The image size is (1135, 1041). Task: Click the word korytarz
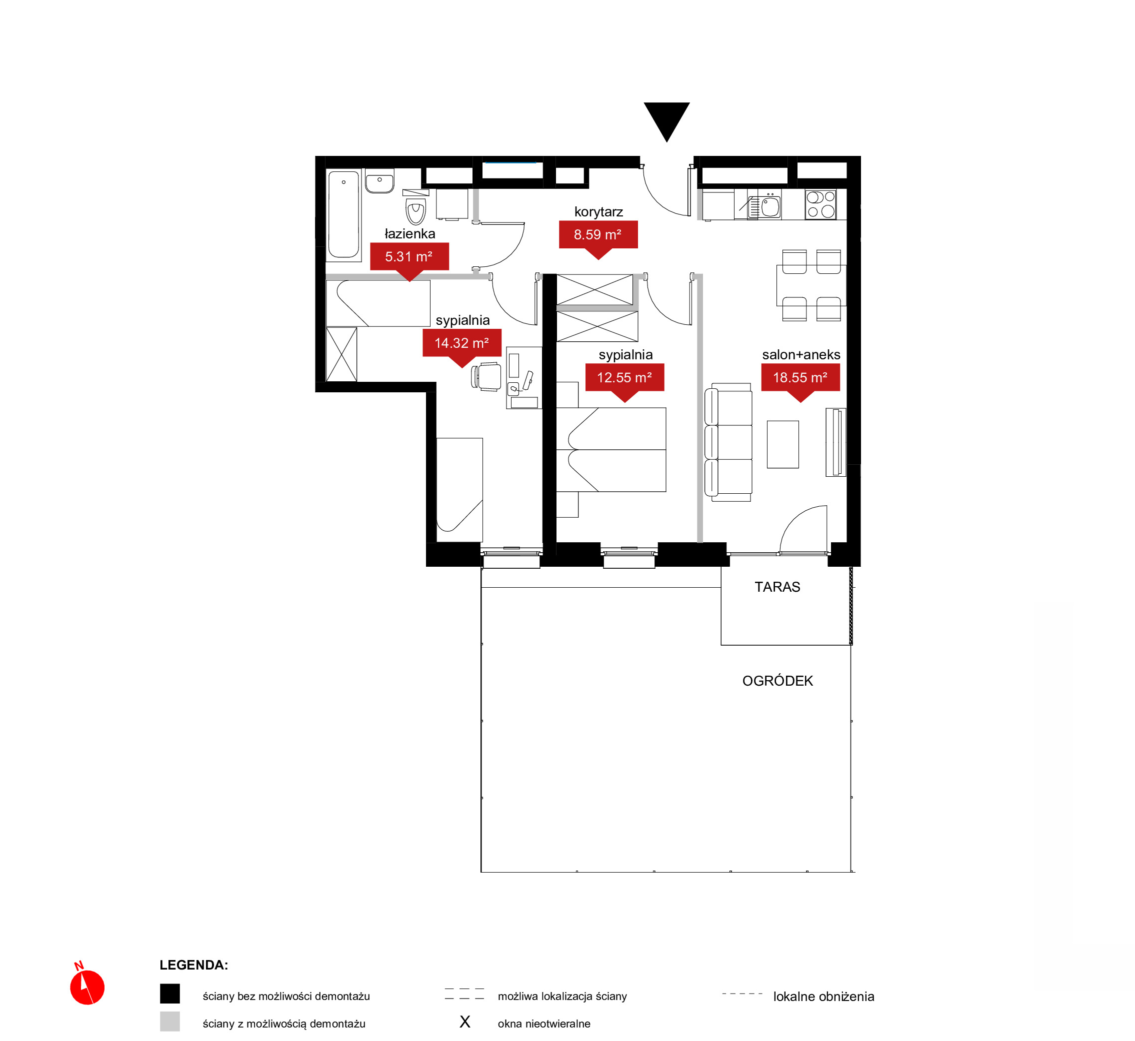click(598, 212)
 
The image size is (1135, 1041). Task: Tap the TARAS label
click(777, 587)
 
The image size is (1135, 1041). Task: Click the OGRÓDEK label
click(777, 681)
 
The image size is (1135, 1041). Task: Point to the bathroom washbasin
click(379, 181)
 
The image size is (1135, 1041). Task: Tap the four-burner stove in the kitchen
click(820, 204)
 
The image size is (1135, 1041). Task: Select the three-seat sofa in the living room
click(728, 442)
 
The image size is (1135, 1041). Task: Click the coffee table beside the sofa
click(783, 444)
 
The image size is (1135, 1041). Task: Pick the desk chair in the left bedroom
click(486, 377)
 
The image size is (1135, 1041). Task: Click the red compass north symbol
click(87, 986)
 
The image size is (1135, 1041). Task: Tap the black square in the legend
click(169, 994)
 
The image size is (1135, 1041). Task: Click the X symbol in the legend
click(464, 1022)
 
